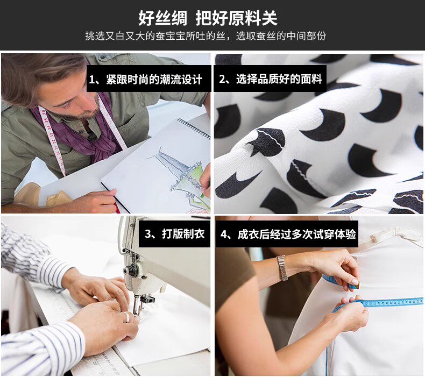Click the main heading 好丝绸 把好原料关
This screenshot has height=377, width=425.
(208, 18)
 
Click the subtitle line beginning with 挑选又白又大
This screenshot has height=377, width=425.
(206, 36)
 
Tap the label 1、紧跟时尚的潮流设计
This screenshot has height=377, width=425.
(146, 80)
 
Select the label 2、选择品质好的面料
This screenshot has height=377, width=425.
(271, 79)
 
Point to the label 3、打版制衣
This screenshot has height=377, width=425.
(174, 233)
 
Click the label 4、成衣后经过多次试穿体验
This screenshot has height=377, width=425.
(288, 234)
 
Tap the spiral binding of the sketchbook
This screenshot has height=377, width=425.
(194, 128)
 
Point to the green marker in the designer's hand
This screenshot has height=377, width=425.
(202, 195)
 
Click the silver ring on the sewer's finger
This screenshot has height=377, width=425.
(127, 317)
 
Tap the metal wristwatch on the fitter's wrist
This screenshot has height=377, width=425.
(282, 268)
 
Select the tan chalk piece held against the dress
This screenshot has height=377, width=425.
(357, 284)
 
